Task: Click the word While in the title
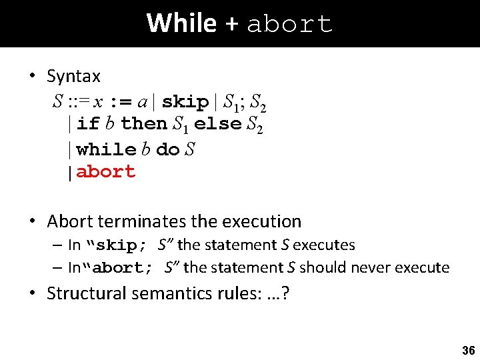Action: point(181,23)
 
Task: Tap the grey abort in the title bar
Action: point(289,25)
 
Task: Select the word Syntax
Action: point(73,77)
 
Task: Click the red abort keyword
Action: point(106,172)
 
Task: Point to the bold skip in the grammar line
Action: point(185,102)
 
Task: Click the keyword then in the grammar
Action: point(144,124)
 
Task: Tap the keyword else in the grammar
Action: point(217,124)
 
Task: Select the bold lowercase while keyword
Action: point(107,149)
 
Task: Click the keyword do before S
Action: point(167,149)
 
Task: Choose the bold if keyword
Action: point(88,124)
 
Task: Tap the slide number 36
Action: point(468,350)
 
